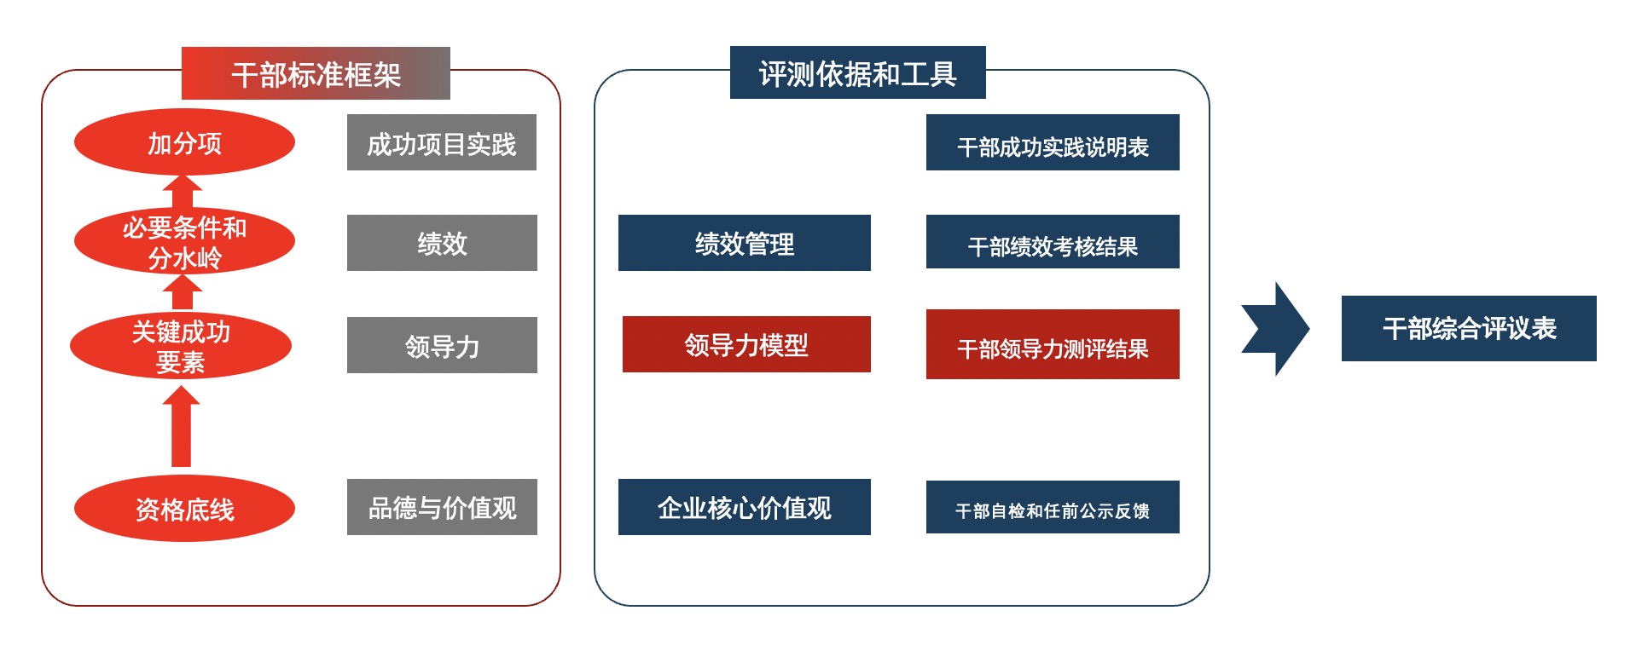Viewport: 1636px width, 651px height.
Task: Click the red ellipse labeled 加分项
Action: click(184, 142)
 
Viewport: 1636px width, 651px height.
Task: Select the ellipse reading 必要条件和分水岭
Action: click(184, 242)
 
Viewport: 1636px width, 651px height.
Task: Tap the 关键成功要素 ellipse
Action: click(181, 346)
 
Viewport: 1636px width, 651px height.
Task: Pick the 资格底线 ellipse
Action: click(184, 509)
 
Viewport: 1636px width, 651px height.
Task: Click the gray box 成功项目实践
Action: click(441, 142)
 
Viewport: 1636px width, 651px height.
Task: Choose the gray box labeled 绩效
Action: click(441, 243)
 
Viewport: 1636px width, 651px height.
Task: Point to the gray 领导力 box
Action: click(441, 345)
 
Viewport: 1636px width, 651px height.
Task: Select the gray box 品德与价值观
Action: click(441, 507)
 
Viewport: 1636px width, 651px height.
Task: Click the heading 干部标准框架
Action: click(316, 73)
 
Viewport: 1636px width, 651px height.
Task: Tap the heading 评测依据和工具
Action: click(857, 73)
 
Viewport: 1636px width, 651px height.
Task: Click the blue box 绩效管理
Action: click(744, 243)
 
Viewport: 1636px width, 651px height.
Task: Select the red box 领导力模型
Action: click(745, 344)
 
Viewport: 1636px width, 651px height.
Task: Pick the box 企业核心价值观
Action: click(744, 507)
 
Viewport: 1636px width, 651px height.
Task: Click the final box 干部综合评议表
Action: click(1468, 328)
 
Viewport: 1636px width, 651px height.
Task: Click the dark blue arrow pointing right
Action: click(1277, 329)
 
